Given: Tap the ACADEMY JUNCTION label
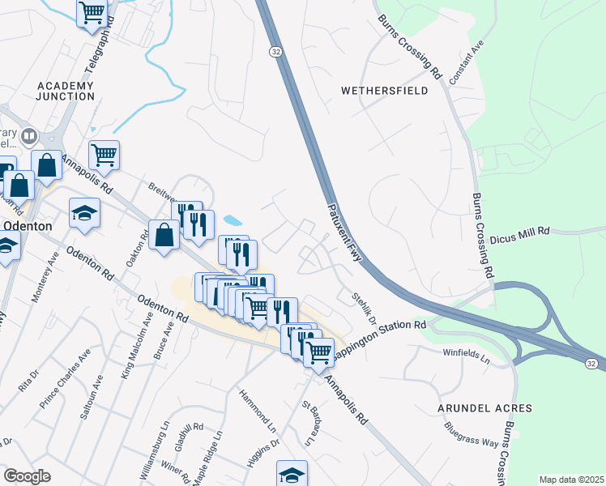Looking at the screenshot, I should pyautogui.click(x=66, y=91).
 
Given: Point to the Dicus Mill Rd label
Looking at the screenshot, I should pyautogui.click(x=520, y=231).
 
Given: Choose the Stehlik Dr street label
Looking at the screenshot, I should pyautogui.click(x=364, y=308).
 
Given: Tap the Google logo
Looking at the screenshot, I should pyautogui.click(x=28, y=476).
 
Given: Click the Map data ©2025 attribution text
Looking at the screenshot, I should pyautogui.click(x=571, y=480).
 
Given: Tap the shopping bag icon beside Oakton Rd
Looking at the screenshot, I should pyautogui.click(x=164, y=236).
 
